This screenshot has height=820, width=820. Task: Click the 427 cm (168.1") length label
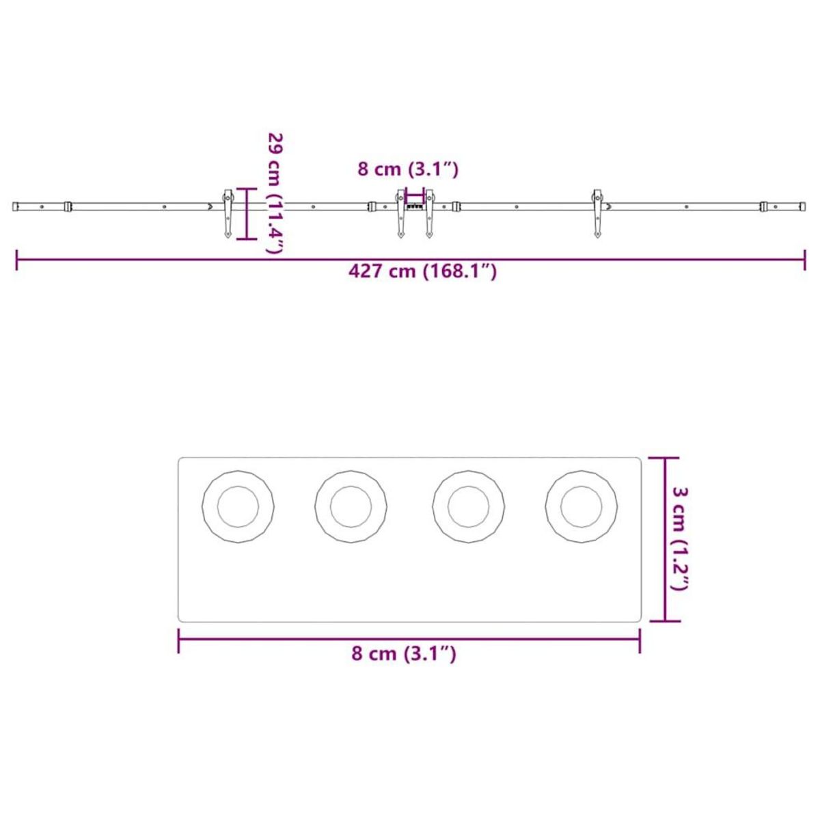click(x=422, y=271)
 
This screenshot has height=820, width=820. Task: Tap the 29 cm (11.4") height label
click(x=275, y=193)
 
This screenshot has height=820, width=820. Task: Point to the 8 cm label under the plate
click(x=403, y=654)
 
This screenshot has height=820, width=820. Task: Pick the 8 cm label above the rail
click(x=407, y=169)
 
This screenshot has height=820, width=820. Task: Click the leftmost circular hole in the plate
click(x=238, y=507)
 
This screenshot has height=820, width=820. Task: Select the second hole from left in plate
click(x=351, y=507)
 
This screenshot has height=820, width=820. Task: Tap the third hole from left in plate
click(x=469, y=507)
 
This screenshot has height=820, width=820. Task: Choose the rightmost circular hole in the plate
click(x=582, y=507)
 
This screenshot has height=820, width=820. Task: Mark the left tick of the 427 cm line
click(x=17, y=260)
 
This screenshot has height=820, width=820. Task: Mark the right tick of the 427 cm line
click(x=804, y=260)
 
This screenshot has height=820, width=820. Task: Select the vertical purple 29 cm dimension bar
click(x=247, y=214)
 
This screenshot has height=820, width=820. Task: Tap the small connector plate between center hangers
click(x=415, y=205)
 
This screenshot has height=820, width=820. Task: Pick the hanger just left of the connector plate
click(x=400, y=213)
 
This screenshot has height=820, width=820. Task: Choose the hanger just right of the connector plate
click(x=430, y=213)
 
